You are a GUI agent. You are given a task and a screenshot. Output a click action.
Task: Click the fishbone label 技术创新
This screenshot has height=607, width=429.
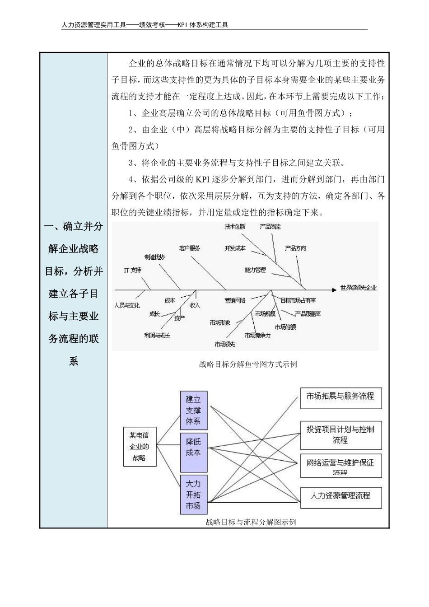click(235, 227)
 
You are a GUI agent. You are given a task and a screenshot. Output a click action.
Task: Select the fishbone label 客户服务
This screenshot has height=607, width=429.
click(190, 248)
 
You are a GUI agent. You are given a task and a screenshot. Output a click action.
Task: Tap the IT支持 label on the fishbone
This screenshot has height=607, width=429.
click(133, 270)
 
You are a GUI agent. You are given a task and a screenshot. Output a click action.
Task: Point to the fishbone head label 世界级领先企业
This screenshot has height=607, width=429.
click(358, 287)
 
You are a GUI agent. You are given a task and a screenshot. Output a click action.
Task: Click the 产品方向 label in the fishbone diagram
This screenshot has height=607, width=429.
click(295, 248)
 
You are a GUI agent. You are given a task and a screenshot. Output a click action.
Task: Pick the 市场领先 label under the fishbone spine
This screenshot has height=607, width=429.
click(225, 344)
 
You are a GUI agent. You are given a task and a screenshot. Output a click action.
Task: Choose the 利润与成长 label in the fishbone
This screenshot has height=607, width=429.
click(157, 336)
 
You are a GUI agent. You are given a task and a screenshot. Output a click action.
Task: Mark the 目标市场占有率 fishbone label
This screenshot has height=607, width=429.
click(298, 300)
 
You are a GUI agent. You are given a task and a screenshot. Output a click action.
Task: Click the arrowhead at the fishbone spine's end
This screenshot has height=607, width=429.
click(335, 288)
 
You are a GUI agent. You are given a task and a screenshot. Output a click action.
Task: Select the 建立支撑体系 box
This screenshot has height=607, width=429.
click(193, 410)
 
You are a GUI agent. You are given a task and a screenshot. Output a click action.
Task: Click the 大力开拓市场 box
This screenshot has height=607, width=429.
click(193, 494)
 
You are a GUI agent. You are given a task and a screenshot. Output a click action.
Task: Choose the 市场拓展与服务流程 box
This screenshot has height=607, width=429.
click(340, 397)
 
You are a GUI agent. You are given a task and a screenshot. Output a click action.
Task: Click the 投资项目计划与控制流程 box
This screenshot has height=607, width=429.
click(340, 434)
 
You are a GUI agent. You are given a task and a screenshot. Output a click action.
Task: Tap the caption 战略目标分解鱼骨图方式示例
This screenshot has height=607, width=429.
click(248, 364)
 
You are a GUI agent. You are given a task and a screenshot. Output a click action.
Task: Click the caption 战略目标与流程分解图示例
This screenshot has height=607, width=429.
click(251, 522)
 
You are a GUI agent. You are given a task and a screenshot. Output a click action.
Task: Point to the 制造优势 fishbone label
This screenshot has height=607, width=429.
click(154, 257)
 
